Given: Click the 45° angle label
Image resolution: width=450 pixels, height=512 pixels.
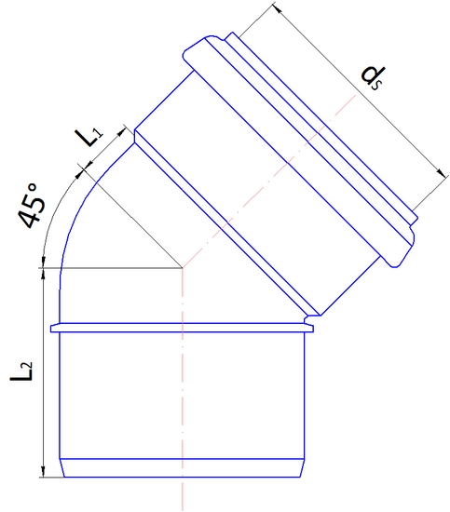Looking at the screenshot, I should (30, 207).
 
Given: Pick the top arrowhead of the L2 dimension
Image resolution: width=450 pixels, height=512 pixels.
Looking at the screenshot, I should (44, 276).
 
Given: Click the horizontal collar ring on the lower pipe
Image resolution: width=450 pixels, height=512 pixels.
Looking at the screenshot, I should (183, 328).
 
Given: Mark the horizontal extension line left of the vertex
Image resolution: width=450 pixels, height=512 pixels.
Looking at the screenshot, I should (112, 269).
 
